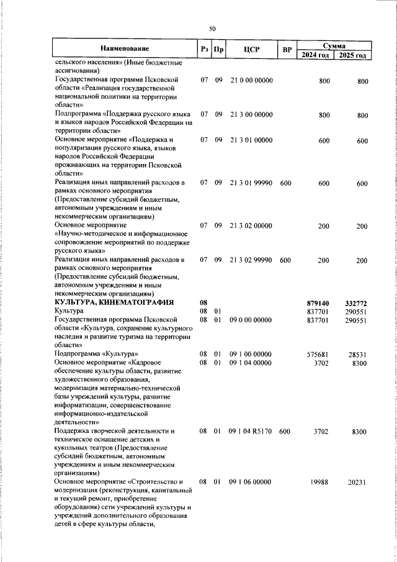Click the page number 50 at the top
click(x=212, y=29)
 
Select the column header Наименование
click(x=125, y=49)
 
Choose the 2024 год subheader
click(x=315, y=55)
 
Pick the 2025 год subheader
click(x=352, y=55)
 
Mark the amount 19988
click(x=319, y=482)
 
